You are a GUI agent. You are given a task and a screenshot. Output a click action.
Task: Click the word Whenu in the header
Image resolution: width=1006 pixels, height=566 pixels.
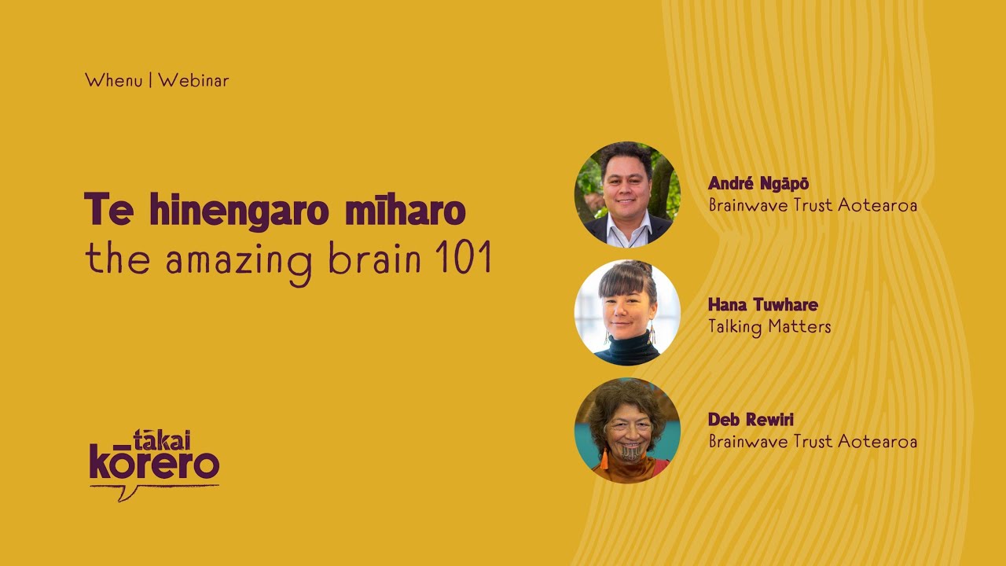point(113,80)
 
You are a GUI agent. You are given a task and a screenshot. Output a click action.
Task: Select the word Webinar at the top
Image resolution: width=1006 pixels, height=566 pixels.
point(193,80)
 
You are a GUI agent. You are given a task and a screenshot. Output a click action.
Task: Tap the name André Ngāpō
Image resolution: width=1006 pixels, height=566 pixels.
point(758,184)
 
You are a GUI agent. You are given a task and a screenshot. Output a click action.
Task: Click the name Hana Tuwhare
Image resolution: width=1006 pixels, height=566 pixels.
point(763,305)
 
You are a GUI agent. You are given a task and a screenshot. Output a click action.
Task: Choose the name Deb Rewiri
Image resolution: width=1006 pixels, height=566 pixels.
point(751,420)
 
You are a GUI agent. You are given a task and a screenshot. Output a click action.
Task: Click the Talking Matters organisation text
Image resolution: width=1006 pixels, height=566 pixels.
point(769,326)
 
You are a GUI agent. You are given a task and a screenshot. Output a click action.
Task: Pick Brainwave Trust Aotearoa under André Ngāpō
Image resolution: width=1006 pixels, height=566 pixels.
point(813,205)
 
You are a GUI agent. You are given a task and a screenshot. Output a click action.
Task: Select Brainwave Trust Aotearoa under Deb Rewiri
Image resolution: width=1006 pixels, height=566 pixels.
point(813,441)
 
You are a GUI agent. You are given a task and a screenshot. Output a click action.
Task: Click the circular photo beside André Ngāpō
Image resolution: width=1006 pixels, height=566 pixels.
point(627,194)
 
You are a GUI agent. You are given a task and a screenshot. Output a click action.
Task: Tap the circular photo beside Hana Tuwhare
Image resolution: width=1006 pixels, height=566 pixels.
point(627,312)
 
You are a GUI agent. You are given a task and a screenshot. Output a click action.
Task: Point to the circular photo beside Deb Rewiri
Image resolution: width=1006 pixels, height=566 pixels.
point(627,430)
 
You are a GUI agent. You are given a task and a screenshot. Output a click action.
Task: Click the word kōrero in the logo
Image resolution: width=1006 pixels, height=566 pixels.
point(154,463)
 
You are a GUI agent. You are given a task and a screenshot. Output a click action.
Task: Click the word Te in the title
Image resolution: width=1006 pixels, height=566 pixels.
point(108,210)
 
